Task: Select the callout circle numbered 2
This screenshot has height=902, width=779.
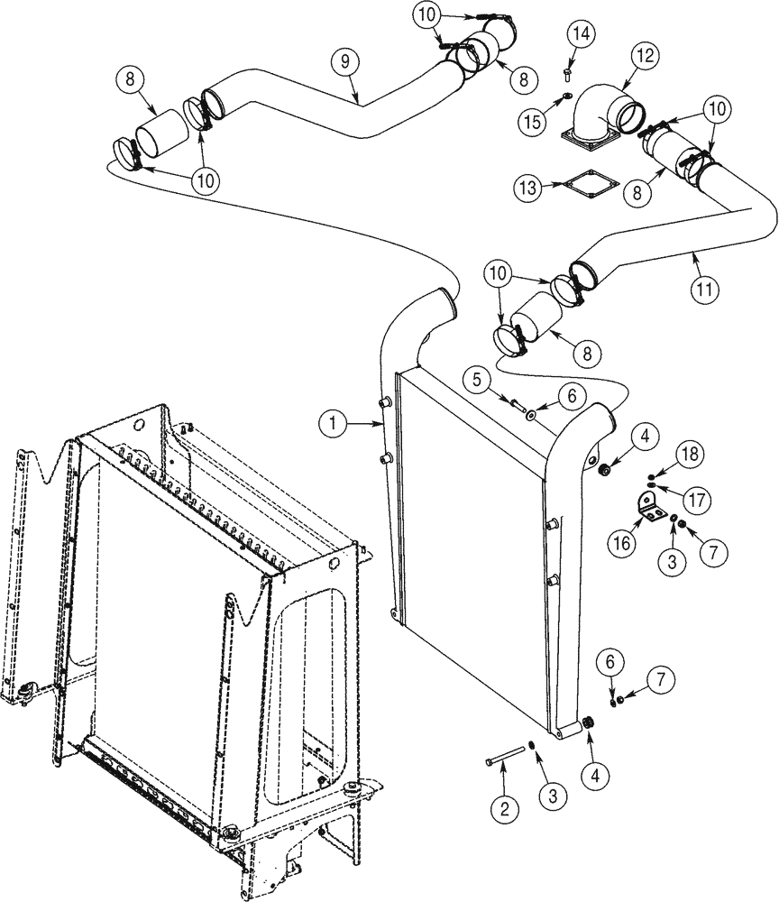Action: (x=504, y=807)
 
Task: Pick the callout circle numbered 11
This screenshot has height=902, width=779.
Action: (x=708, y=290)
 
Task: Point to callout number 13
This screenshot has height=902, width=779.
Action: (x=528, y=188)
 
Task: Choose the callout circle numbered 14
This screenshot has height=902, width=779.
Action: (x=582, y=34)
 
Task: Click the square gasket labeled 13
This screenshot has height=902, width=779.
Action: (x=585, y=189)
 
